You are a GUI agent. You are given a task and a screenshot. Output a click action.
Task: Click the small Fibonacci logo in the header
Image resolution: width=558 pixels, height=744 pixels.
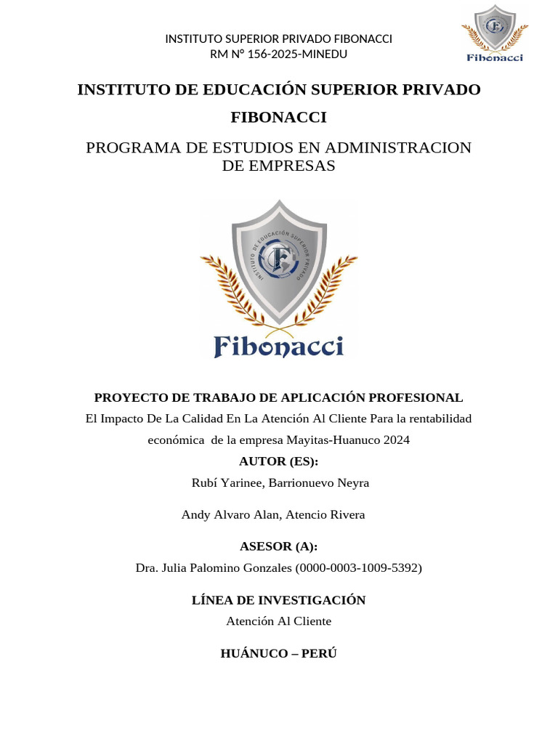495,33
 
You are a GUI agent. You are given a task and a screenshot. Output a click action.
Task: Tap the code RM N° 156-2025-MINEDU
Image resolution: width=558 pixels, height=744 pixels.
279,54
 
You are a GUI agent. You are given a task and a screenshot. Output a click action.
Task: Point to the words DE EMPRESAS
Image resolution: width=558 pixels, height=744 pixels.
279,166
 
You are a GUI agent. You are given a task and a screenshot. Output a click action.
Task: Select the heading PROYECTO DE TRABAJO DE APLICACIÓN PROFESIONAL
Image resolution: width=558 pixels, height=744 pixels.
279,397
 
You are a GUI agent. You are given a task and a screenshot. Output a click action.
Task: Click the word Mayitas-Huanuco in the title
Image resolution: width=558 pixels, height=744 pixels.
328,440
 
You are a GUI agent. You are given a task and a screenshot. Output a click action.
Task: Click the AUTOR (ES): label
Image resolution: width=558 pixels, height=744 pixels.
279,461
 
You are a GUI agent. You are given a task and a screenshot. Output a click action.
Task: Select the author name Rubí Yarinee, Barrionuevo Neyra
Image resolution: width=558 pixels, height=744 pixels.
279,482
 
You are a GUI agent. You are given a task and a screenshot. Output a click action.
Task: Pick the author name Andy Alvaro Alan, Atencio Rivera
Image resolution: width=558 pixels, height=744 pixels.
273,514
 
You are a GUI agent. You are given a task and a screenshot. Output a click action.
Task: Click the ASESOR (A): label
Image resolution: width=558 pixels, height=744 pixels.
279,546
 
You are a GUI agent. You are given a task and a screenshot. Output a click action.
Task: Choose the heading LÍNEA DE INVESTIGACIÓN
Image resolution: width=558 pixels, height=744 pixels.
279,600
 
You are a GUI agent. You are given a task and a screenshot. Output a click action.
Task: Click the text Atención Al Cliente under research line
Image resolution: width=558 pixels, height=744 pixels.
279,621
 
